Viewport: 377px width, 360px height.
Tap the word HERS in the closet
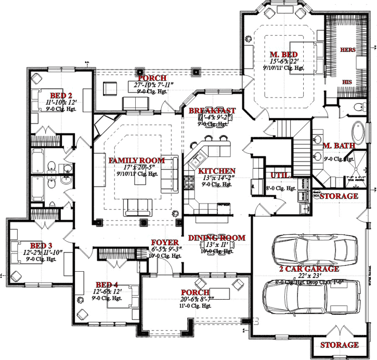tap(347, 50)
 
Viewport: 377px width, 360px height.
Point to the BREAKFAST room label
tap(212, 111)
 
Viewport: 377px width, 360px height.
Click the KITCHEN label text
tap(217, 171)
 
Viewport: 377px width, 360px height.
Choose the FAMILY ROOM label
tap(136, 161)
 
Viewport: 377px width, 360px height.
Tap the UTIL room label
tap(275, 175)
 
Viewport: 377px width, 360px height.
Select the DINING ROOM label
tap(216, 237)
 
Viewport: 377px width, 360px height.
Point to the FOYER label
tap(165, 243)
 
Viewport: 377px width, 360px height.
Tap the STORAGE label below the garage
tap(339, 345)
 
